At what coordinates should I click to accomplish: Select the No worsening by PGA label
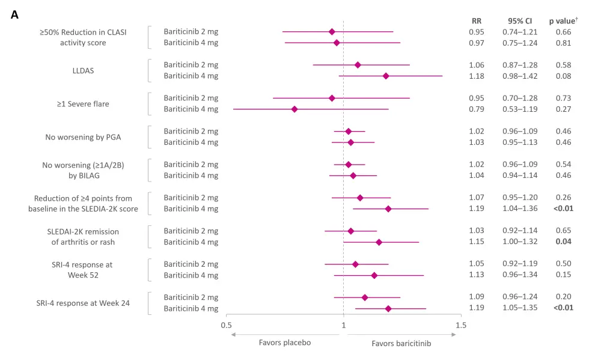tap(83, 137)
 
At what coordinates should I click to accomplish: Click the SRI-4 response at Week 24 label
tap(83, 303)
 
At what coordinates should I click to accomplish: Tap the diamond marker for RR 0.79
tap(294, 109)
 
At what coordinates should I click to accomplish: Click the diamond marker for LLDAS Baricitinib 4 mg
tap(386, 76)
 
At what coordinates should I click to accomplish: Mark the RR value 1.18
tap(477, 76)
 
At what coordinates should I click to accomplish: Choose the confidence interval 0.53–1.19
tap(520, 109)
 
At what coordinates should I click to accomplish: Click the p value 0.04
tap(564, 242)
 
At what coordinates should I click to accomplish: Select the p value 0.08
tap(564, 76)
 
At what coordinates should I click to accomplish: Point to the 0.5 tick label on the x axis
tap(226, 325)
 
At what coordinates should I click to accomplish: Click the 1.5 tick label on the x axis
tap(461, 325)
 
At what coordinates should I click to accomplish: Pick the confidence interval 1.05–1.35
tap(520, 308)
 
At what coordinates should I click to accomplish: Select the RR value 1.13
tap(477, 275)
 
